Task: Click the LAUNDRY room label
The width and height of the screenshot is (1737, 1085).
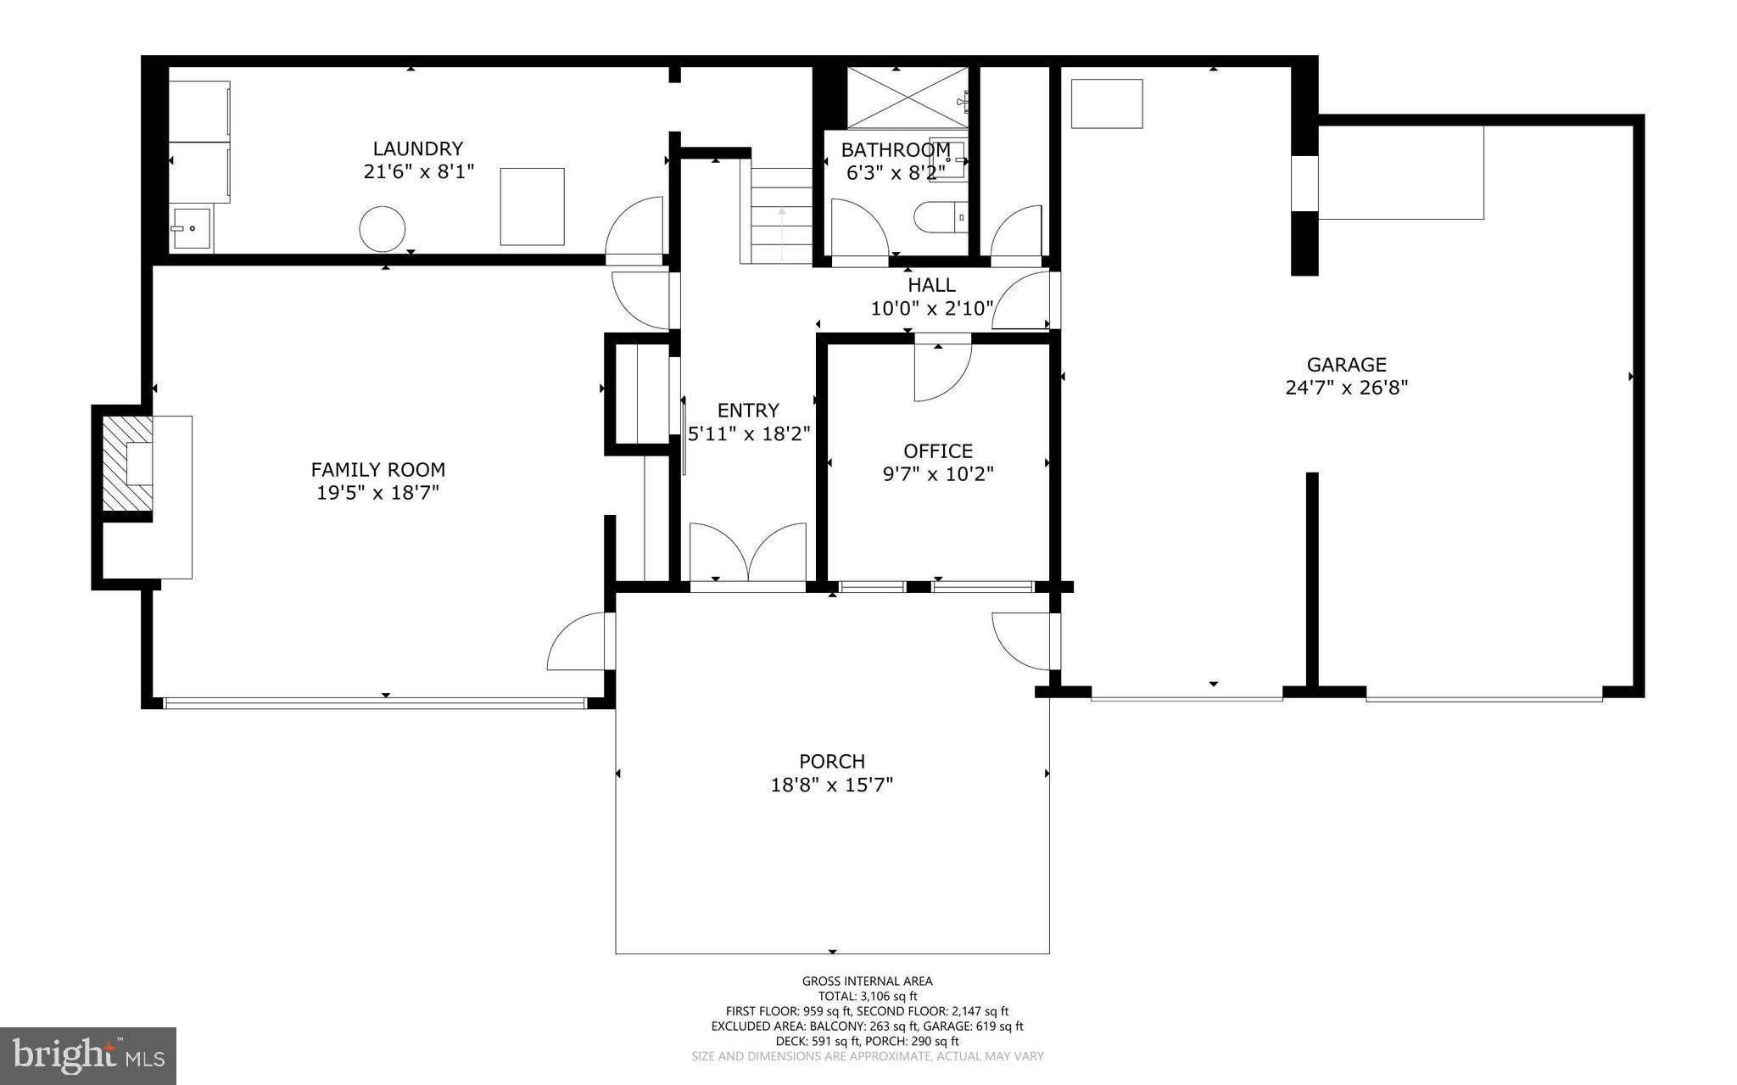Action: coord(418,149)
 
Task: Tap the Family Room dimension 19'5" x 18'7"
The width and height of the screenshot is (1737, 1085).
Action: coord(377,493)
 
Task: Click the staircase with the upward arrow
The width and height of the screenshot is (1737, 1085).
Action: coord(781,216)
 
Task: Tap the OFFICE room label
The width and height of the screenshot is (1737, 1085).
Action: coord(937,451)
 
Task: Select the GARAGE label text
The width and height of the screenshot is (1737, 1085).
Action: coord(1346,365)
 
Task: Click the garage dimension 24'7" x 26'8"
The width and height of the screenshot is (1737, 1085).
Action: coord(1346,389)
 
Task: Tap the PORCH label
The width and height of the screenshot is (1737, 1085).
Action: coord(831,762)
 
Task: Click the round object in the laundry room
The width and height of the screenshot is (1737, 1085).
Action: coord(382,229)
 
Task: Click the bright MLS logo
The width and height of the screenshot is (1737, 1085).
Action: coord(88,1056)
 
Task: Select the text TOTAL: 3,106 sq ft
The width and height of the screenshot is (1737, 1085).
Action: coord(867,997)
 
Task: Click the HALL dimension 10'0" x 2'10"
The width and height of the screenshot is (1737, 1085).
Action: coord(930,309)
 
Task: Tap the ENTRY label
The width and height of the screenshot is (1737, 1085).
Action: coord(747,411)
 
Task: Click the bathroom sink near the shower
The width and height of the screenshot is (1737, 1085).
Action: coord(948,159)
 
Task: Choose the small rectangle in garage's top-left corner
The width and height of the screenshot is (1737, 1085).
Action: coord(1107,103)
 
